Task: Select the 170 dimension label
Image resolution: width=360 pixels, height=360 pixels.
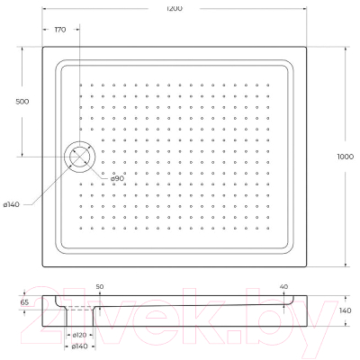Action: [x=60, y=30]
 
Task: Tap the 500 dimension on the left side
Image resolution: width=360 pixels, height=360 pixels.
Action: [x=21, y=101]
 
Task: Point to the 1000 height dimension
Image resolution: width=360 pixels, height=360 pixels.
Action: [x=346, y=154]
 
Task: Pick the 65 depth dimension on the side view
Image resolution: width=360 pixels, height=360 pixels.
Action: [x=24, y=303]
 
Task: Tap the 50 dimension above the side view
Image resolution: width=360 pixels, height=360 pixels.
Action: [x=100, y=285]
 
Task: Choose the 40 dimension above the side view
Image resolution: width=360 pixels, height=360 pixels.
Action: [x=284, y=285]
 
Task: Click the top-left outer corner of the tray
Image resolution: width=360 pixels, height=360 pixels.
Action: [x=43, y=47]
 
